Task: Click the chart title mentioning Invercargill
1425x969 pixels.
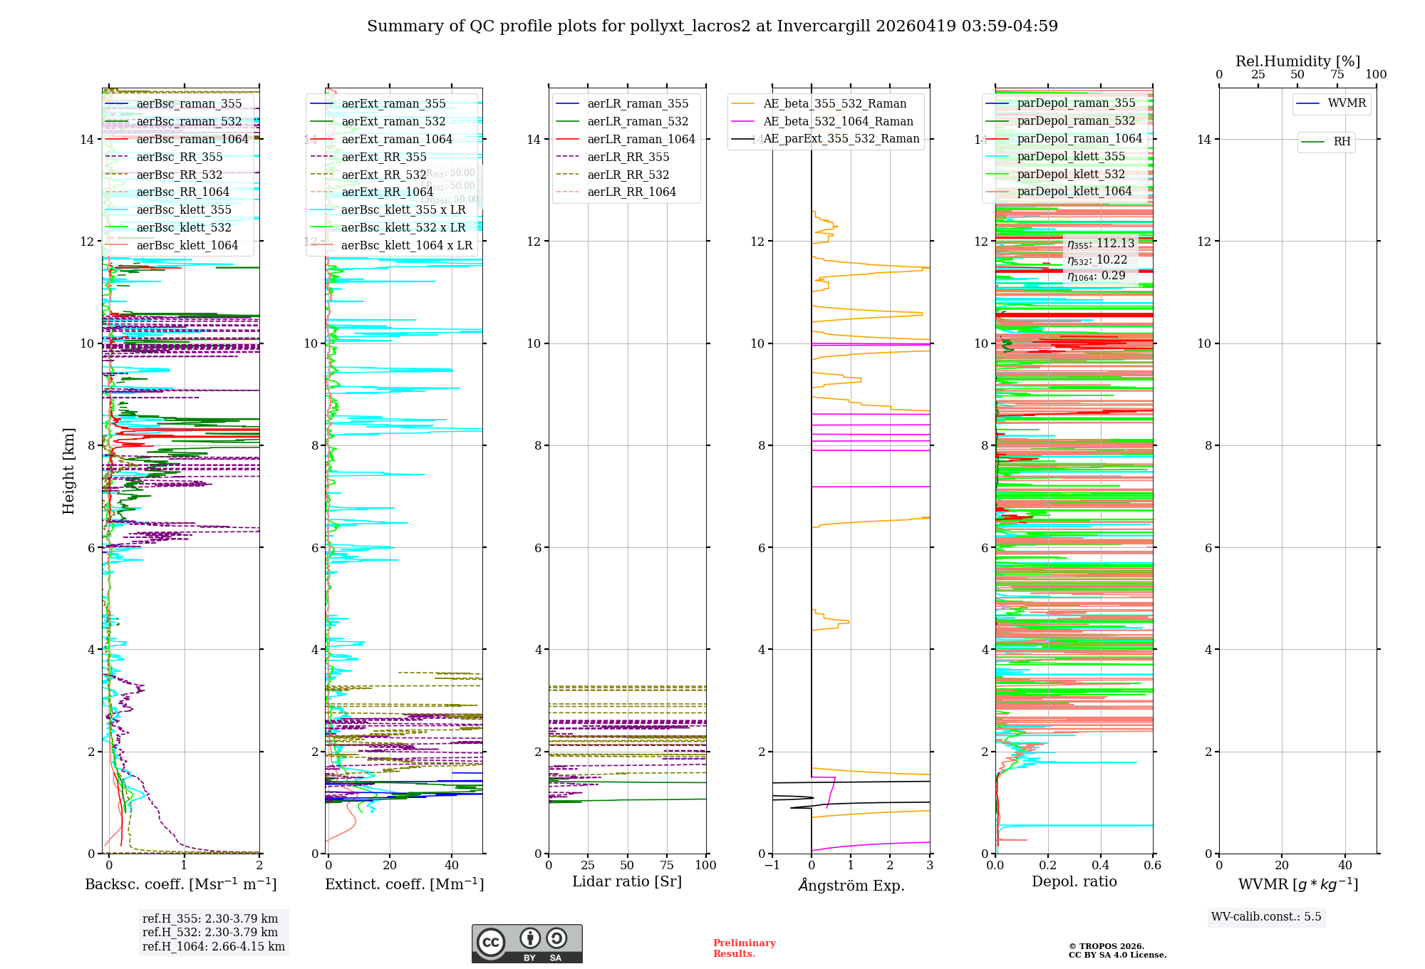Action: (x=712, y=26)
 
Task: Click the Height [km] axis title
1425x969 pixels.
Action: (x=68, y=470)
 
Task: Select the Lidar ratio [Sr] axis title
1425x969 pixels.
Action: (x=627, y=882)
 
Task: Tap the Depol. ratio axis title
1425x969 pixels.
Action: (x=1074, y=882)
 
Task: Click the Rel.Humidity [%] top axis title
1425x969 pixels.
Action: (x=1297, y=61)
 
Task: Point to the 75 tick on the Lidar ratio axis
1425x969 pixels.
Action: (x=667, y=866)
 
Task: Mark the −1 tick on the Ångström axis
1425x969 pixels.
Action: (x=772, y=866)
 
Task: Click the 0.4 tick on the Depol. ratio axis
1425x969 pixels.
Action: (x=1100, y=866)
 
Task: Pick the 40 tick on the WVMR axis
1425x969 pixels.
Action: (x=1344, y=866)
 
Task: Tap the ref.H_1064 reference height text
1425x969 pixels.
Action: (x=214, y=947)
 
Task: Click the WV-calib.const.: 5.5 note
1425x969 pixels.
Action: (x=1266, y=917)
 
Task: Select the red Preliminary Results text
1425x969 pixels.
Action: (x=744, y=948)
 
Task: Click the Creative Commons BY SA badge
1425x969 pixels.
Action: (x=527, y=943)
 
